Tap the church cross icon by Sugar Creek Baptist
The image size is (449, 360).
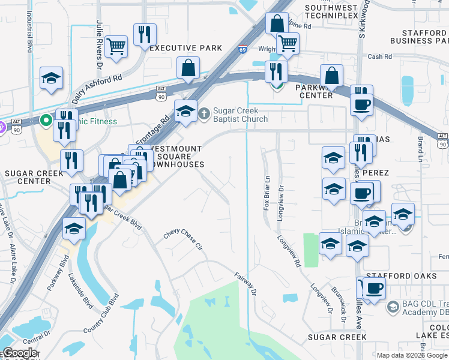205,112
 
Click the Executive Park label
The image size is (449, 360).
186,48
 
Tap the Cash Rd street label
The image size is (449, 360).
380,57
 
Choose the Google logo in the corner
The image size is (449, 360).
20,353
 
